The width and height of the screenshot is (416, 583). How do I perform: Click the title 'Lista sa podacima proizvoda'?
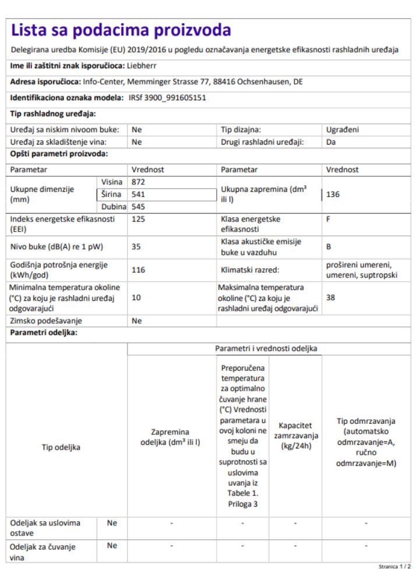[121, 30]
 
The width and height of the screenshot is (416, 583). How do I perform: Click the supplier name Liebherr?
[142, 65]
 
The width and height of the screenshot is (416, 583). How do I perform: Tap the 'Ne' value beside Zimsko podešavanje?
[137, 321]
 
